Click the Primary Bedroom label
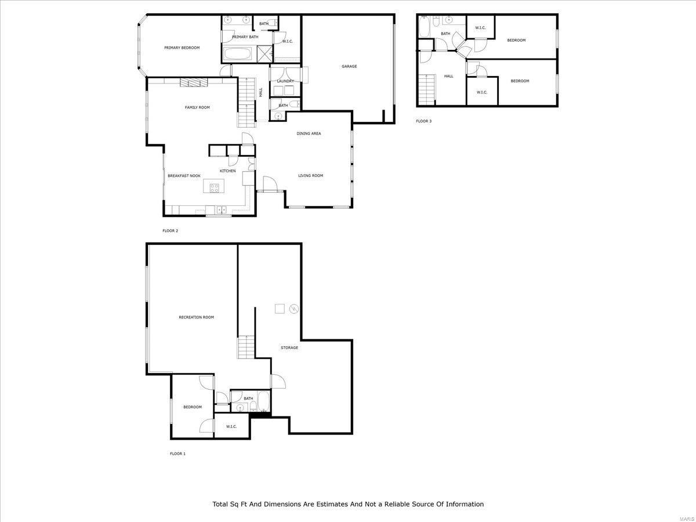pyautogui.click(x=182, y=48)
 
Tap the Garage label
pyautogui.click(x=349, y=66)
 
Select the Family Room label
pyautogui.click(x=197, y=107)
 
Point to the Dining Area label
pyautogui.click(x=309, y=133)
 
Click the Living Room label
pyautogui.click(x=310, y=176)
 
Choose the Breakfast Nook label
pyautogui.click(x=184, y=176)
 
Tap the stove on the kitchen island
pyautogui.click(x=215, y=188)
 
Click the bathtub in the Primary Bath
pyautogui.click(x=238, y=54)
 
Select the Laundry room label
pyautogui.click(x=285, y=81)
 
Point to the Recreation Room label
pyautogui.click(x=196, y=317)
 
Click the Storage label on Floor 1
pyautogui.click(x=289, y=347)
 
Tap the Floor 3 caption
pyautogui.click(x=423, y=121)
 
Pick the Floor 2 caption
pyautogui.click(x=171, y=231)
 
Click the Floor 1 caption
pyautogui.click(x=177, y=454)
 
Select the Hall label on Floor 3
pyautogui.click(x=449, y=76)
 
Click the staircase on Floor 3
pyautogui.click(x=427, y=89)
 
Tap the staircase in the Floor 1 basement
pyautogui.click(x=246, y=347)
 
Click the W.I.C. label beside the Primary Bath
pyautogui.click(x=288, y=42)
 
